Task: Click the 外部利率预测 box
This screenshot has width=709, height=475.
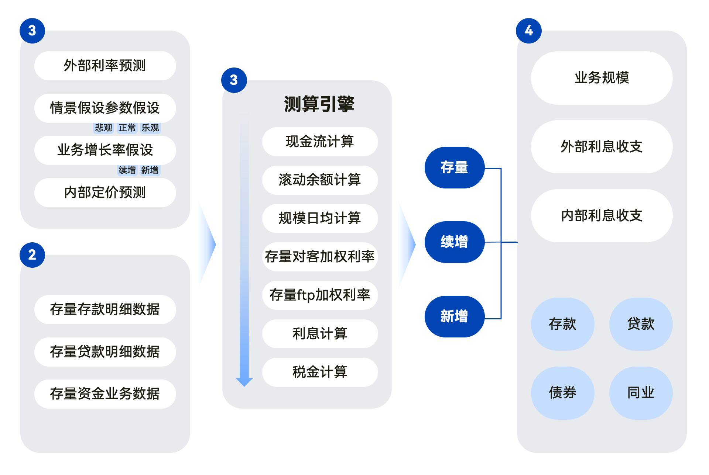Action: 105,66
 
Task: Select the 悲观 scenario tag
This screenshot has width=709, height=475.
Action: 103,128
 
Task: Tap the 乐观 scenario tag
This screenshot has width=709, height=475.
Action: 150,128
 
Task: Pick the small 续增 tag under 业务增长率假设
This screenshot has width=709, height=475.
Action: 127,170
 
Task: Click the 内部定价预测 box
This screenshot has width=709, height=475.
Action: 105,193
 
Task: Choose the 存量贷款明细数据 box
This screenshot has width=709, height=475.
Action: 105,352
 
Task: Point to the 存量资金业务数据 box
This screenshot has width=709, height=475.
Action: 105,394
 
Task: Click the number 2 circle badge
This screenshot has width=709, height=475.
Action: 32,255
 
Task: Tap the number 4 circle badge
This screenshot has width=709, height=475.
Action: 529,31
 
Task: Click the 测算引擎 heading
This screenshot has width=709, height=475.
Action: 319,104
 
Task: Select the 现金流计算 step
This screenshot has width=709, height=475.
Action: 320,142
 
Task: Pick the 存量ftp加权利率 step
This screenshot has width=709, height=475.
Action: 320,295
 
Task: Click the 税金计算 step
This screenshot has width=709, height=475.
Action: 320,372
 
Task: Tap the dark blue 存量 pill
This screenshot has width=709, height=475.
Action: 454,167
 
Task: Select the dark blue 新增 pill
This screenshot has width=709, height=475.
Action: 454,316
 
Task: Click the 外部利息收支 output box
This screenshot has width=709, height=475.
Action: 602,147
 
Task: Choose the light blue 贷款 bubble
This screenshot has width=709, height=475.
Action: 641,324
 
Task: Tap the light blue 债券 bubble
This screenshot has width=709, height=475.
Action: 562,393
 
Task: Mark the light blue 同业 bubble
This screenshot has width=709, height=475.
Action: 641,393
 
